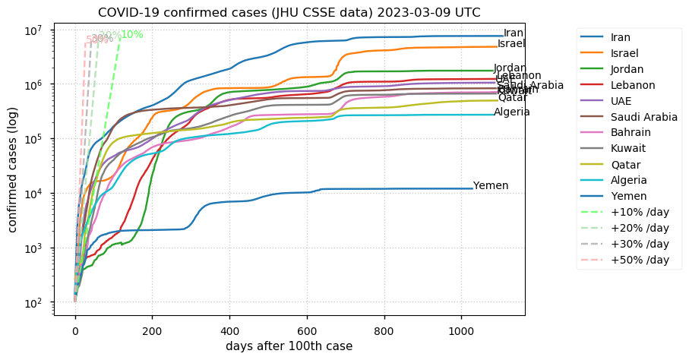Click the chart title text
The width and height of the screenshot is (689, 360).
coord(289,12)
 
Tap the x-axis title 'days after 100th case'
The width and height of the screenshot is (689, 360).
coord(289,346)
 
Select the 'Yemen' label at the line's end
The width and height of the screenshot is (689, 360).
coord(491,186)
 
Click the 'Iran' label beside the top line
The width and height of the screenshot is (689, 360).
coord(514,33)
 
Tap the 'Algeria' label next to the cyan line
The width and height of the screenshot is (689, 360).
coord(512,112)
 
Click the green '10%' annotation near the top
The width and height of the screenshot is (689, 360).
coord(132,35)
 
